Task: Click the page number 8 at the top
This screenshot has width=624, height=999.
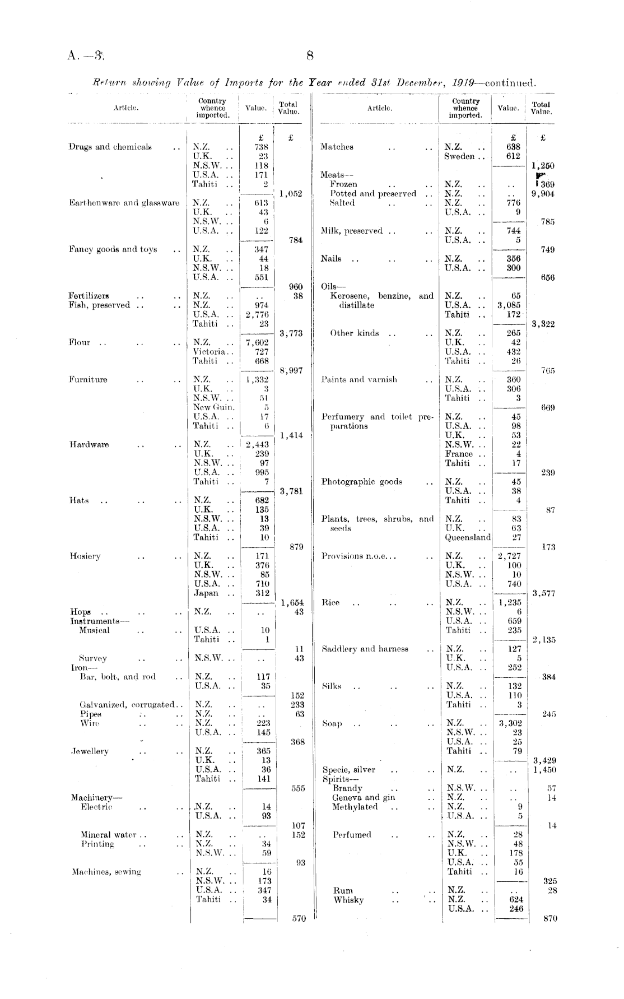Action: pyautogui.click(x=310, y=55)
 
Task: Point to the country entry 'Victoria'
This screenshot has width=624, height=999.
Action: pyautogui.click(x=209, y=352)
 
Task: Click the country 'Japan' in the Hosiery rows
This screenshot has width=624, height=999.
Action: pyautogui.click(x=206, y=593)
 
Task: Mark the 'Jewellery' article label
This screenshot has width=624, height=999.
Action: pyautogui.click(x=90, y=751)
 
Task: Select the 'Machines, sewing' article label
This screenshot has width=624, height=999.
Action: pyautogui.click(x=106, y=872)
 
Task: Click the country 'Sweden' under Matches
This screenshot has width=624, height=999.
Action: pyautogui.click(x=459, y=156)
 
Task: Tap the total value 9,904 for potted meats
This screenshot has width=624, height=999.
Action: pyautogui.click(x=543, y=194)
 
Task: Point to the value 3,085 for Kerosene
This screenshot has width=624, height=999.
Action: pyautogui.click(x=509, y=305)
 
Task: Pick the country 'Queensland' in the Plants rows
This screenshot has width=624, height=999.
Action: pyautogui.click(x=468, y=537)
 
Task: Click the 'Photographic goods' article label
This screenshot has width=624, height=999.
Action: pyautogui.click(x=361, y=482)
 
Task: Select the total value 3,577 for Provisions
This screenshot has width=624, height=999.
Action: pyautogui.click(x=543, y=594)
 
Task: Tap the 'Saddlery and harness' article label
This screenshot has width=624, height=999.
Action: pyautogui.click(x=365, y=649)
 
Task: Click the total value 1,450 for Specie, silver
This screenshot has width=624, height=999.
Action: pyautogui.click(x=544, y=770)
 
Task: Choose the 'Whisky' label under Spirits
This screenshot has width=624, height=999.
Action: pyautogui.click(x=348, y=900)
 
